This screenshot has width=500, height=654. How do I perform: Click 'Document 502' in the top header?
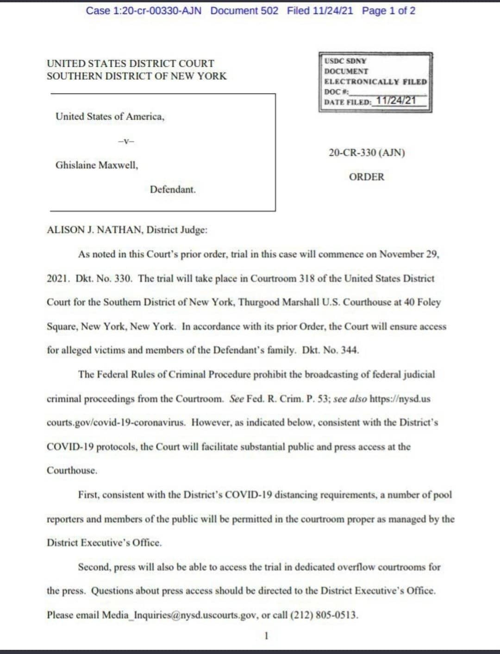tap(244, 11)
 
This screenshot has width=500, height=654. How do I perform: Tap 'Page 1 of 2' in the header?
tap(388, 11)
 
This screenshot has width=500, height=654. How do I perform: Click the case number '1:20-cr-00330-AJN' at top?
tap(157, 11)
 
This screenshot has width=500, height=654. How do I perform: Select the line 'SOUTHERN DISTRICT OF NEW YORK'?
tap(137, 76)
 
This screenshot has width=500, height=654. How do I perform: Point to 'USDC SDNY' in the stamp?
tap(345, 61)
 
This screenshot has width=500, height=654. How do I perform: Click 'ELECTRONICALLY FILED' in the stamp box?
tap(375, 82)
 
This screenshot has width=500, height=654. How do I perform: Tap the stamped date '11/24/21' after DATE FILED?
tap(396, 100)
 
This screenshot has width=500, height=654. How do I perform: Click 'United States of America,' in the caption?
tap(110, 116)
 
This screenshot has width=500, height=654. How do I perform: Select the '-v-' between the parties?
tap(126, 141)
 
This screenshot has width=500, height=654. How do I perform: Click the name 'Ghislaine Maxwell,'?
tap(97, 165)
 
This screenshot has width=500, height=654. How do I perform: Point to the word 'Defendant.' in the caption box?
tap(173, 189)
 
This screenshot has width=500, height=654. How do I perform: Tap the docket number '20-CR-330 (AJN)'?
tap(367, 152)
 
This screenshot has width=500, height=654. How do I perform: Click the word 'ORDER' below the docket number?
tap(367, 177)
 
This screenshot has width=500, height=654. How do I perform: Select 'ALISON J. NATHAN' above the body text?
tap(95, 230)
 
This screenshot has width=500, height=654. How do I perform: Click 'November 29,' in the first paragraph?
tap(409, 254)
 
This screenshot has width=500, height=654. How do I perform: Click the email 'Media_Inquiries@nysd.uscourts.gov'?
tap(180, 615)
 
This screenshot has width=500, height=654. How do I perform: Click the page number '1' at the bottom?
tap(266, 635)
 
